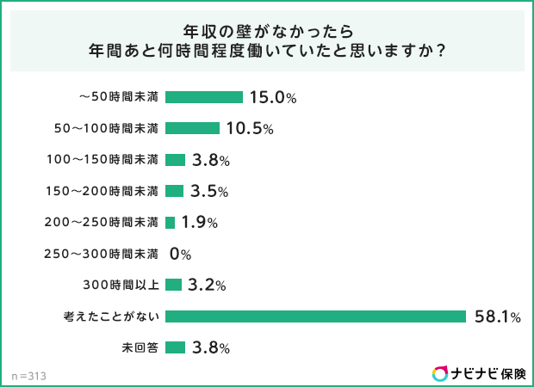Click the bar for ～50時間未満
[x=203, y=97]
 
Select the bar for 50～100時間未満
[x=192, y=128]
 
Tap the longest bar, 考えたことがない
[x=315, y=316]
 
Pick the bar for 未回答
[x=175, y=347]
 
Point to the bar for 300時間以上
[x=173, y=285]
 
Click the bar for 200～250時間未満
[x=170, y=222]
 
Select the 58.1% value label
[x=498, y=316]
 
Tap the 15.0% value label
[x=272, y=97]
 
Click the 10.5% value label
[x=250, y=128]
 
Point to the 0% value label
[x=180, y=254]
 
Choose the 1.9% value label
[x=199, y=222]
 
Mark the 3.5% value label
[x=209, y=191]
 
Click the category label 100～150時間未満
[x=102, y=160]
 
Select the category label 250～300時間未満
[x=102, y=254]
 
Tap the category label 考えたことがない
[x=111, y=316]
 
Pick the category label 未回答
[x=140, y=347]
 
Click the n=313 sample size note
[x=29, y=376]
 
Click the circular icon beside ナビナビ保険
[x=440, y=373]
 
